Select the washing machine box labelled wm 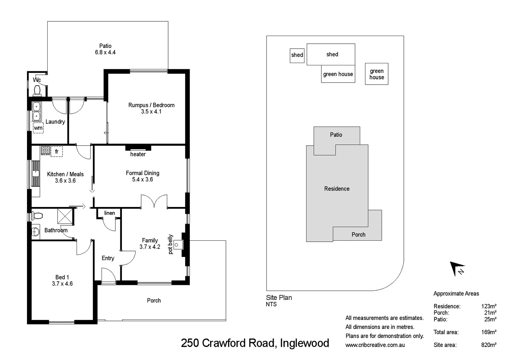tap(38, 128)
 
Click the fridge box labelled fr tap(57, 152)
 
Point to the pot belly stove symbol tap(177, 245)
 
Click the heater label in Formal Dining tap(138, 154)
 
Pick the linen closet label tap(109, 213)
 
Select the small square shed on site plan tap(297, 55)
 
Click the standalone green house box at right tap(376, 74)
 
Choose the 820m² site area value tap(489, 345)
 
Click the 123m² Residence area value tap(489, 306)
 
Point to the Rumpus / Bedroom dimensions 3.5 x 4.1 tap(151, 112)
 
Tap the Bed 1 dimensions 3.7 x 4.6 tap(62, 284)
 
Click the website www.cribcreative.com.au tap(375, 345)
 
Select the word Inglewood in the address tap(304, 343)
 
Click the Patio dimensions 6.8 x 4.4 tap(105, 52)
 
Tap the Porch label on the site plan tap(358, 235)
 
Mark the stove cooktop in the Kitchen tap(45, 150)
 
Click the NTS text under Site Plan tap(271, 304)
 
